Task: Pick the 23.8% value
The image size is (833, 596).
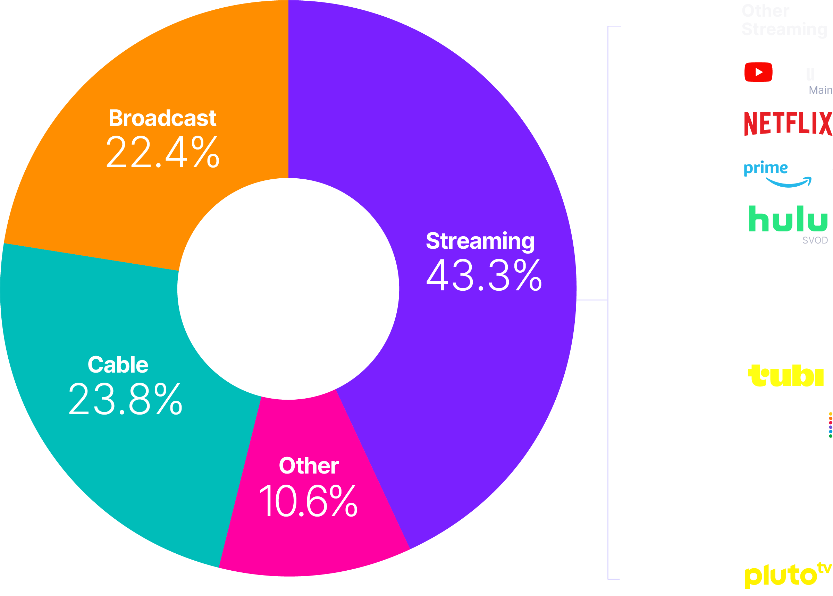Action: coord(125,399)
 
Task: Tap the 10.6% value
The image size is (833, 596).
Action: coord(308,501)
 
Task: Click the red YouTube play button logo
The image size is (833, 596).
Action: coord(758,72)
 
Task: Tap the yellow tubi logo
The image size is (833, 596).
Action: coord(786,376)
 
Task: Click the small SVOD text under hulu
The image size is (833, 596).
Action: coord(814,240)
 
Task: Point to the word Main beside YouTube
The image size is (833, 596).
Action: coord(820,90)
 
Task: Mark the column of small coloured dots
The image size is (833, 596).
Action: coord(830,425)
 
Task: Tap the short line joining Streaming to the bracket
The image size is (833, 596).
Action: coord(591,300)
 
